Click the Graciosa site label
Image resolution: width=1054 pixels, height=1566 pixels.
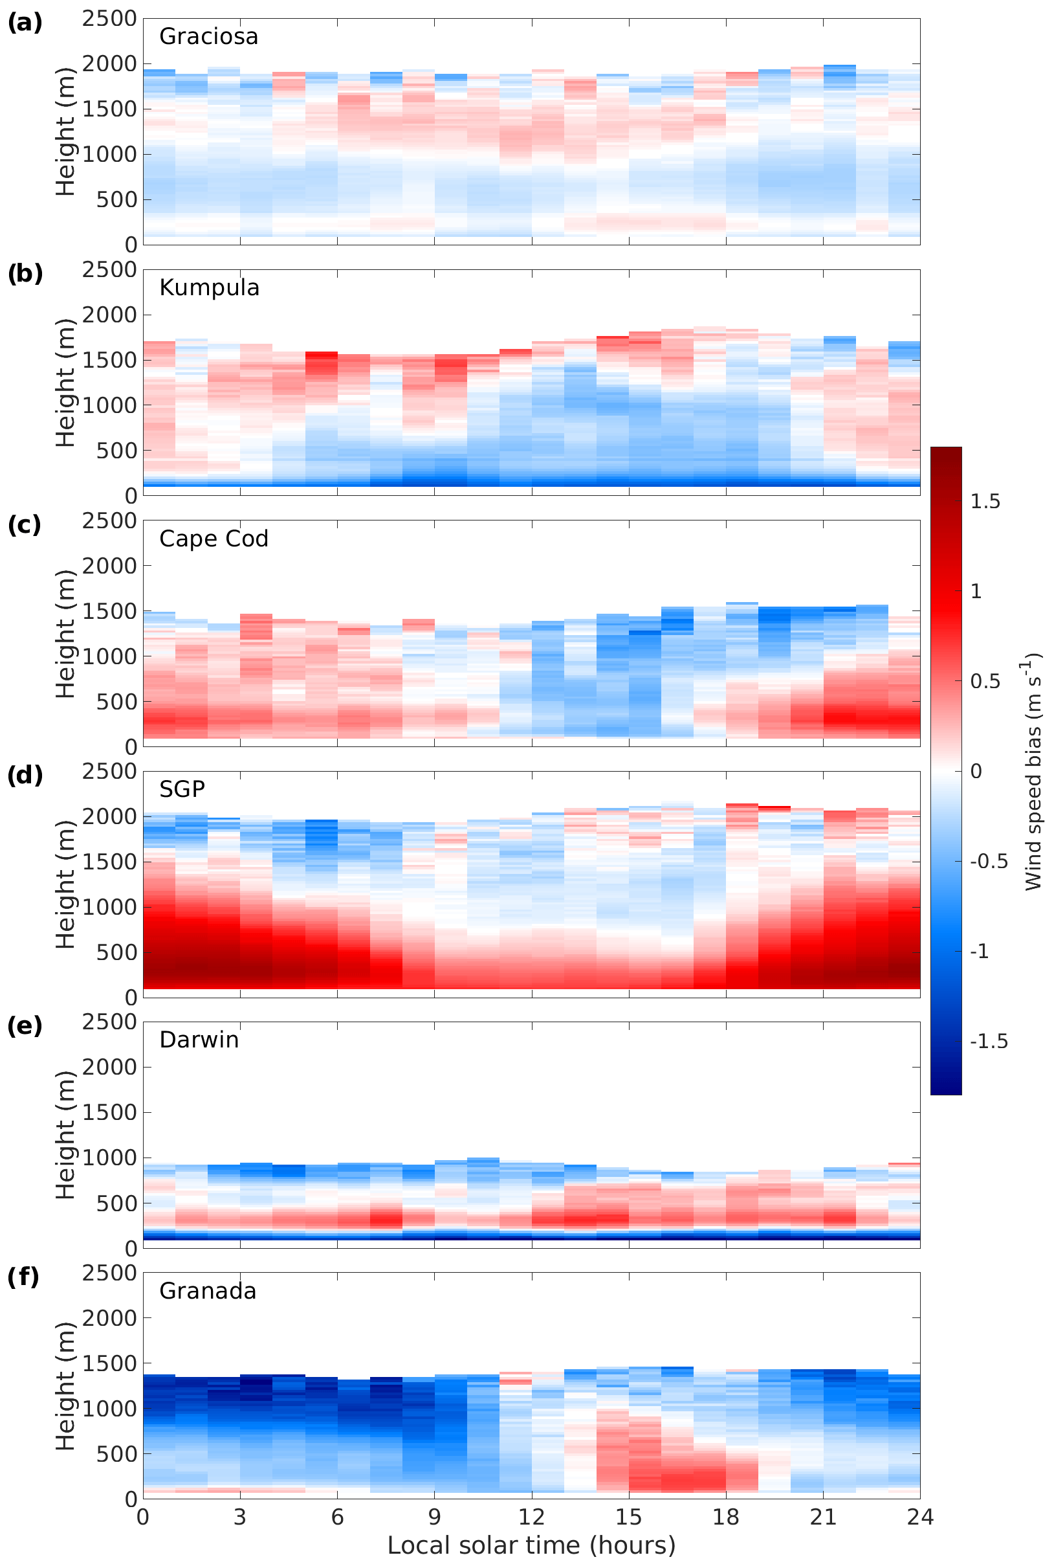coord(208,36)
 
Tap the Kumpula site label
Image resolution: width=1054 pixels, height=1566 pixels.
coord(209,288)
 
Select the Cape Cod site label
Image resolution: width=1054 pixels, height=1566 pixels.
coord(214,539)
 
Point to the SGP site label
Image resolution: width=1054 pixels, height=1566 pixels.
coord(182,789)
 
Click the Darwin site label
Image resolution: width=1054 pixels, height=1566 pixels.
coord(199,1040)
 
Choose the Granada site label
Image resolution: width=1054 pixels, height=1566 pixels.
coord(208,1291)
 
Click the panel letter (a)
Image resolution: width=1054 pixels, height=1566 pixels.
coord(25,23)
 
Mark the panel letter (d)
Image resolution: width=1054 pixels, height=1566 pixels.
coord(25,776)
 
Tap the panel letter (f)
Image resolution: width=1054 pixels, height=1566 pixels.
coord(25,1277)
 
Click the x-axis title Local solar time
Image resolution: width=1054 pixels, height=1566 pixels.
coord(531,1545)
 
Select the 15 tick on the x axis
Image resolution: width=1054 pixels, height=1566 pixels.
coord(629,1517)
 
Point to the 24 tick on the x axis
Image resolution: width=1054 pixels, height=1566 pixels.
coord(919,1517)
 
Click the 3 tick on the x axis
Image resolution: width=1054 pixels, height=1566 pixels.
coord(240,1517)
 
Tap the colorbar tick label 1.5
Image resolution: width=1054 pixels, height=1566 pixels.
coord(985,502)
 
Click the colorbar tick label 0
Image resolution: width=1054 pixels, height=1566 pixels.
coord(976,771)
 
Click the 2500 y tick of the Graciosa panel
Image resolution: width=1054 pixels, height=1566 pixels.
coord(109,19)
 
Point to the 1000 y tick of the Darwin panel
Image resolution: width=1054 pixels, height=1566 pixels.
coord(109,1158)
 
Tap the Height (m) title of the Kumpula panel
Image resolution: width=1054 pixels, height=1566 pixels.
coord(65,383)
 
